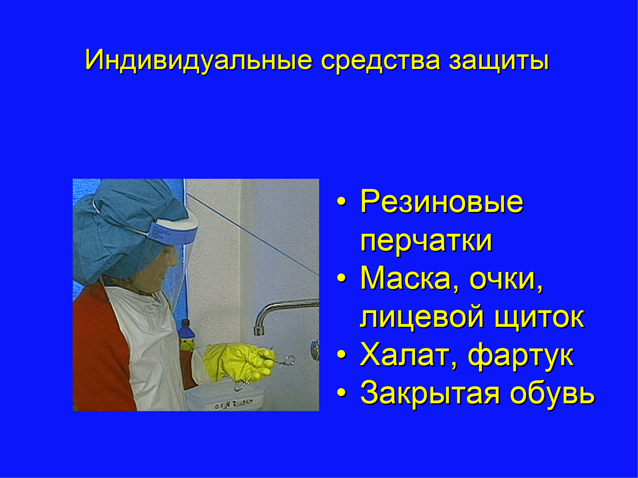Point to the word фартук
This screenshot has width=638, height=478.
tap(521, 357)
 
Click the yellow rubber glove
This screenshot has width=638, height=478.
tap(238, 362)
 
